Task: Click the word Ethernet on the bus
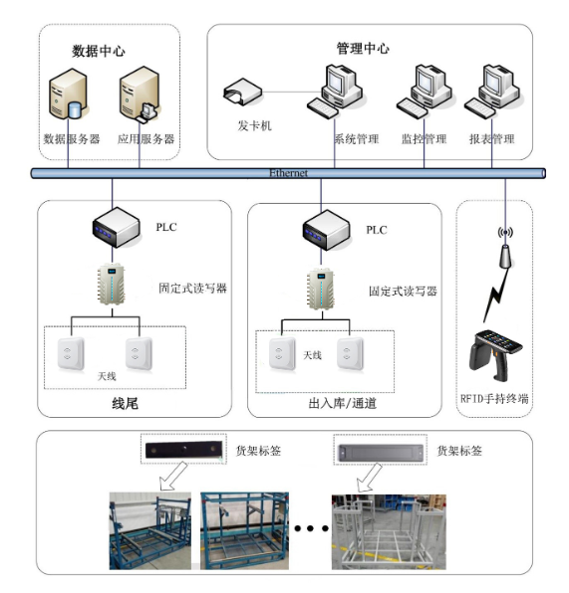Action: pyautogui.click(x=289, y=173)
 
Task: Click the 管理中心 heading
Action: pyautogui.click(x=363, y=48)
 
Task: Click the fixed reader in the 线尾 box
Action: pyautogui.click(x=112, y=289)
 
